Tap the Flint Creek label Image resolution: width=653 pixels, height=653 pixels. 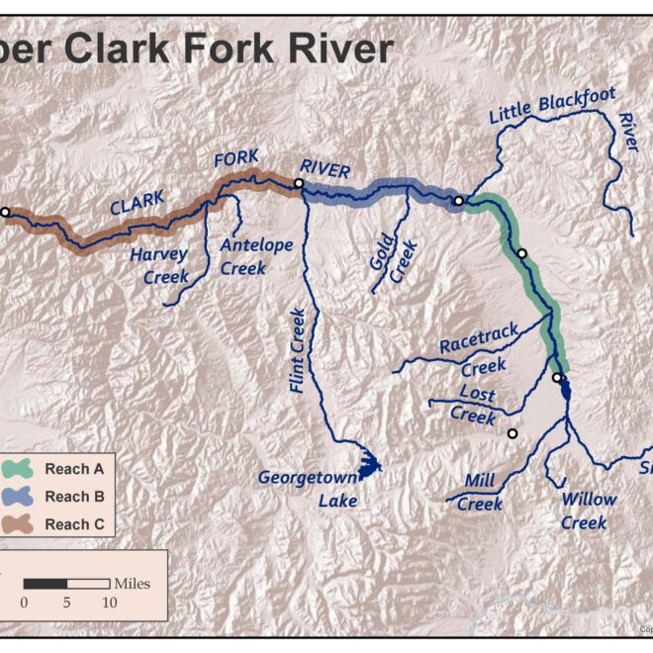tap(297, 351)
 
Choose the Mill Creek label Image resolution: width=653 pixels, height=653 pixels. tap(480, 493)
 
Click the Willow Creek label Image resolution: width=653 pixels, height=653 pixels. tap(588, 511)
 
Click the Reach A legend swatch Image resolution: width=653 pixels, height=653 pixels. tap(22, 468)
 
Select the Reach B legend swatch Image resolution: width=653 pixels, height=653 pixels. tap(22, 496)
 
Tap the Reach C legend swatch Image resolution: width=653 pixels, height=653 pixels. tap(22, 523)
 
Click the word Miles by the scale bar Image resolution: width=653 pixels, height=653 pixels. tap(132, 583)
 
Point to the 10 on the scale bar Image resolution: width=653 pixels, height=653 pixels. tap(109, 602)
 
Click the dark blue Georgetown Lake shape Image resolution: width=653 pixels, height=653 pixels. tap(368, 464)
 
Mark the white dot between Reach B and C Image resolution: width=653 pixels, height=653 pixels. tap(298, 183)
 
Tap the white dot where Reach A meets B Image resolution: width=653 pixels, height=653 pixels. tap(458, 202)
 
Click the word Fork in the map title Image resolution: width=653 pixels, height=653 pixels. tap(206, 47)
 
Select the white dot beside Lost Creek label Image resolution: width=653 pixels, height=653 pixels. tap(513, 433)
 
